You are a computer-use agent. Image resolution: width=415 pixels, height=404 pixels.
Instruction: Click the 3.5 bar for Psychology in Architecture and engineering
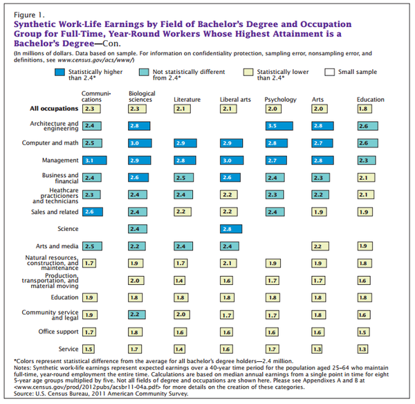282,125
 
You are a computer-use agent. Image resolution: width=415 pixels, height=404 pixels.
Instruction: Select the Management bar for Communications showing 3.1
94,160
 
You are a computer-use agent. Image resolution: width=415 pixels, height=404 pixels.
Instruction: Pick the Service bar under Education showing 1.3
362,349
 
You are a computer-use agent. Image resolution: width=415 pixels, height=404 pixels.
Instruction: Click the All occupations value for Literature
181,109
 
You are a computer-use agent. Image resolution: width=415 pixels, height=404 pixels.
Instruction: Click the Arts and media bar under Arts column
319,246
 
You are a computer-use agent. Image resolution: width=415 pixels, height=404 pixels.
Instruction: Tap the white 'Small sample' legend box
329,72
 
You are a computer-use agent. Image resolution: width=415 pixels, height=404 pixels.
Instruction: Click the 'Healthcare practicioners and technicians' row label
58,194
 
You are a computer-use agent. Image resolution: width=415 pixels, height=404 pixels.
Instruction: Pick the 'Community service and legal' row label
57,315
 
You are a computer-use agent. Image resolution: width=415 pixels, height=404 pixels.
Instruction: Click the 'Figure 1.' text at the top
28,14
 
